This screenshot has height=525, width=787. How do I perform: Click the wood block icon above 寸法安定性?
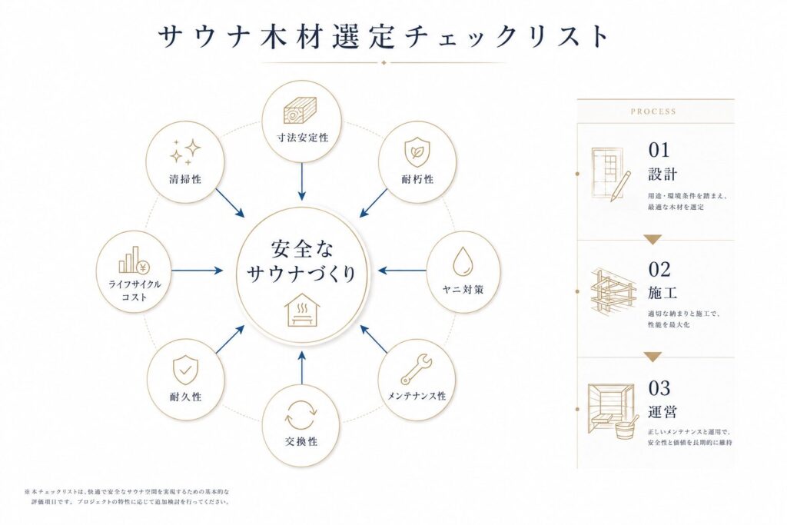click(301, 111)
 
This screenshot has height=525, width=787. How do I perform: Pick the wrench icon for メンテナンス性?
click(416, 369)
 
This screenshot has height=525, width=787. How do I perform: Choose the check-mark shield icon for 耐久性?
click(185, 370)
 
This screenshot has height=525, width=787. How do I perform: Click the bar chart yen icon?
click(134, 260)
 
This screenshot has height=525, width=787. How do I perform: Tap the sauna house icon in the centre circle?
click(301, 311)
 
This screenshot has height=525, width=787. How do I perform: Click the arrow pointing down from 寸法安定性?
click(301, 181)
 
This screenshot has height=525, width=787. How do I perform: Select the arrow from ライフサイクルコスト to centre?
click(197, 271)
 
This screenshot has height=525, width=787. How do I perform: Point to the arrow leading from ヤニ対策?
click(403, 271)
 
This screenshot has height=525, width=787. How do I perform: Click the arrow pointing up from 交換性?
click(301, 368)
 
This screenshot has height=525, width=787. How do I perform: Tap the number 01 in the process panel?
click(659, 150)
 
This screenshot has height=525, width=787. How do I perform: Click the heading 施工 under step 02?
click(662, 292)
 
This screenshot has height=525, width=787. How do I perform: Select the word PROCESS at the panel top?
click(653, 111)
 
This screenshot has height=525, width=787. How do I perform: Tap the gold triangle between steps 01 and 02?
click(653, 239)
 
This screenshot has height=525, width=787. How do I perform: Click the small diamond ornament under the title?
click(384, 63)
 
